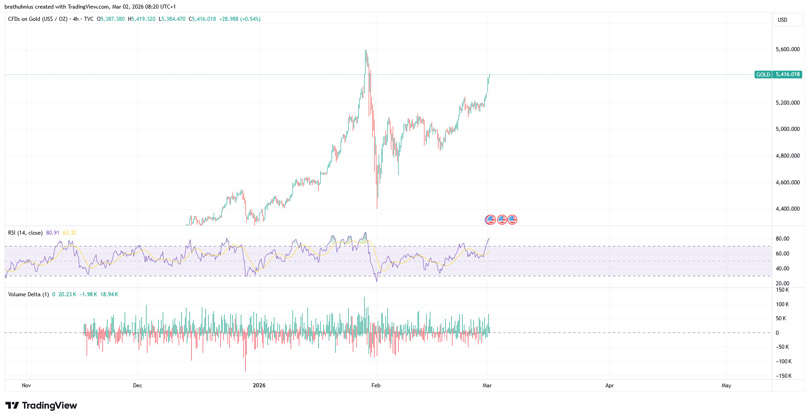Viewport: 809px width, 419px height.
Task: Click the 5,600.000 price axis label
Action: (x=788, y=49)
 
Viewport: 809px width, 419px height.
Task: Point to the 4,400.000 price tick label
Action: (x=788, y=209)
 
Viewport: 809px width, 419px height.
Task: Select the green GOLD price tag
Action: (x=763, y=75)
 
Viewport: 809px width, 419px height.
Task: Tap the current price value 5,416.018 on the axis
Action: (x=788, y=74)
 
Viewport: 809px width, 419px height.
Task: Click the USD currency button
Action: (x=782, y=20)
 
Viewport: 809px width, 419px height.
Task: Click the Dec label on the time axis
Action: (x=137, y=385)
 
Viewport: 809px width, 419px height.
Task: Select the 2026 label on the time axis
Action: (x=259, y=385)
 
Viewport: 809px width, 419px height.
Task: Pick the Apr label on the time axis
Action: (x=609, y=385)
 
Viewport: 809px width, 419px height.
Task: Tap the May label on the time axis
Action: (x=726, y=385)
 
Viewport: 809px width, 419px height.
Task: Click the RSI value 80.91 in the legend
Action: (x=53, y=233)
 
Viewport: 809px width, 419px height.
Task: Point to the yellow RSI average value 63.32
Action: (x=69, y=233)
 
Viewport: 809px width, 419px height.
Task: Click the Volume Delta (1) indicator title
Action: (x=28, y=294)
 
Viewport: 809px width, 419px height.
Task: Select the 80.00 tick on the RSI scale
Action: (x=782, y=239)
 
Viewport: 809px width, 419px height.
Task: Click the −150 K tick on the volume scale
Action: (x=783, y=376)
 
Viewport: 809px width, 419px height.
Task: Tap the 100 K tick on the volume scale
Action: (x=782, y=304)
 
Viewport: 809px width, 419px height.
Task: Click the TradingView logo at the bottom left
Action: (x=41, y=405)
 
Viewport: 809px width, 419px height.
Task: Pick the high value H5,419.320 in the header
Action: (x=141, y=19)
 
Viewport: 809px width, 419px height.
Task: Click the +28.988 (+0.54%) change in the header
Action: (x=239, y=19)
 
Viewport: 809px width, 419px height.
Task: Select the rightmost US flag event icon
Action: (x=512, y=220)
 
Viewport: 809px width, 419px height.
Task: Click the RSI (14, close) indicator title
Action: (x=25, y=233)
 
